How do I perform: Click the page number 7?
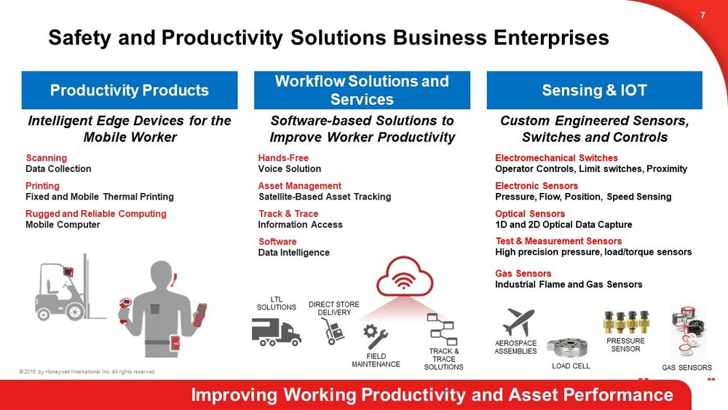pos(703,15)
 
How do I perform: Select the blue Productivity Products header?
pos(130,90)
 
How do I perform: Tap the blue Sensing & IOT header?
pos(594,90)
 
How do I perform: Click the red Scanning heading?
pos(47,158)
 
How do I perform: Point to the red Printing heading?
pos(42,186)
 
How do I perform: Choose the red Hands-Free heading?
pos(283,158)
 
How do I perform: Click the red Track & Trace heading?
pos(288,213)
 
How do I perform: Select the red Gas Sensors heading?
pos(523,274)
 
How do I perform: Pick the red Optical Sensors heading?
pos(530,213)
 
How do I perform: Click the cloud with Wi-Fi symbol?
pos(404,277)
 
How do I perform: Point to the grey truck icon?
pos(276,331)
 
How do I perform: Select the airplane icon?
pos(519,322)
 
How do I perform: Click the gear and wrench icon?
pos(375,336)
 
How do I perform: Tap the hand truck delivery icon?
pos(333,331)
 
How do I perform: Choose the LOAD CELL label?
pos(571,366)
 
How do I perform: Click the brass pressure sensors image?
pos(626,322)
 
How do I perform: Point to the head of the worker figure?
pos(162,275)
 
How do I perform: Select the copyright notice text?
pos(87,372)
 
